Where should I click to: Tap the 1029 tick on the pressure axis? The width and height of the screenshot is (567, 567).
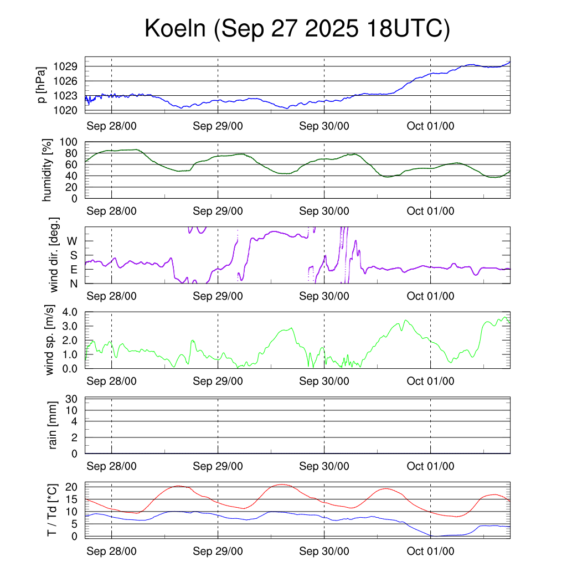coord(65,66)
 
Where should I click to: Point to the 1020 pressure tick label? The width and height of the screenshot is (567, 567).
coord(65,110)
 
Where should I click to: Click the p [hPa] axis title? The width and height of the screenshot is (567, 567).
coord(42,85)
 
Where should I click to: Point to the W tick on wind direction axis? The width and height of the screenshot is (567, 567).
coord(72,241)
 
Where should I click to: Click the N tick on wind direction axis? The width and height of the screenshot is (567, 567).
coord(73,283)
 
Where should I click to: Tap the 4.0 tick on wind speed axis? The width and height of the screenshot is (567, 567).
coord(68,312)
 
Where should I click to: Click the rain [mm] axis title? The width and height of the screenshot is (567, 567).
coord(53,425)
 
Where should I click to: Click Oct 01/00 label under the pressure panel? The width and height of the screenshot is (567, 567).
coord(430,126)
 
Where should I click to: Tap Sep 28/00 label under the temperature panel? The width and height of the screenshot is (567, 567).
coord(111,551)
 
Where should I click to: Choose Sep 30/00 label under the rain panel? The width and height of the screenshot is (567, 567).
coord(324,466)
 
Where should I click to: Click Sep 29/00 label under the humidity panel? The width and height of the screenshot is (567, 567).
coord(218,211)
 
